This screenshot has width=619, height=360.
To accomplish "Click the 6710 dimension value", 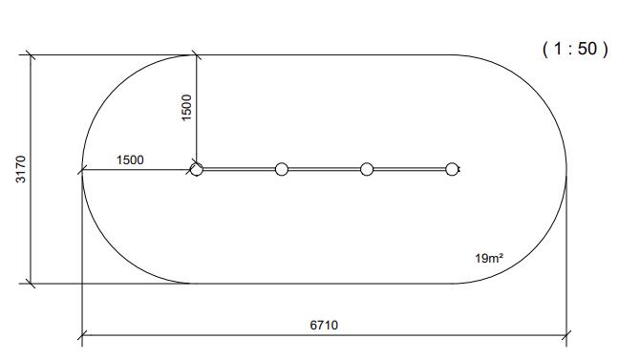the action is [x=324, y=326].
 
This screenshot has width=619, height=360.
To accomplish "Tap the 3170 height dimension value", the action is [x=21, y=169].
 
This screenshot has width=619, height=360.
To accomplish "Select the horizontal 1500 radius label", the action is [x=130, y=159].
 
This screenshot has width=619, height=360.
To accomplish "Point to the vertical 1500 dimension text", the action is [x=186, y=107].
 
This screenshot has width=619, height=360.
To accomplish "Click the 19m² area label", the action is [x=489, y=258].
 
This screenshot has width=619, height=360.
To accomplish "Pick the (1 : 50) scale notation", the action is [x=575, y=49].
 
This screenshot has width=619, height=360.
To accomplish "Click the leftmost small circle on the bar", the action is [x=196, y=169].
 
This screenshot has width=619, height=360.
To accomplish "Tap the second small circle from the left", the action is [x=282, y=169].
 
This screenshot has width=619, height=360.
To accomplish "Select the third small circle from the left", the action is [x=367, y=169].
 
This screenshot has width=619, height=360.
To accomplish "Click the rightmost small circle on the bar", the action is [x=452, y=169].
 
